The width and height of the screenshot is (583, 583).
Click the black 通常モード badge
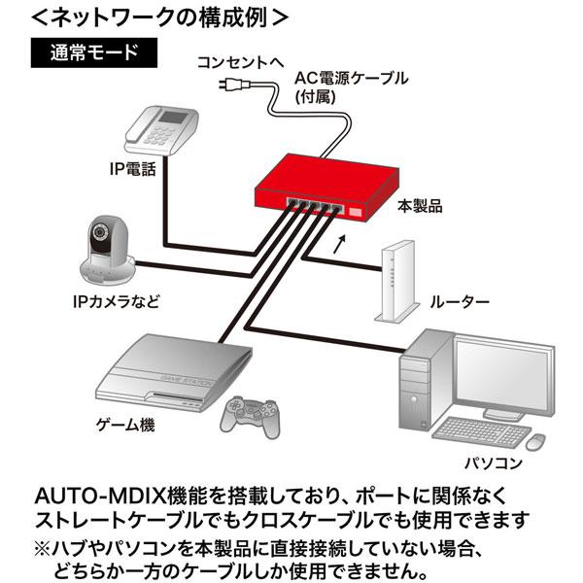point(93,52)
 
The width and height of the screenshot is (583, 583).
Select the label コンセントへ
point(240,62)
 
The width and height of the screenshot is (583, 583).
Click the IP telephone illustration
point(161,130)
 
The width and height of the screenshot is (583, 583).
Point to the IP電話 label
point(133,169)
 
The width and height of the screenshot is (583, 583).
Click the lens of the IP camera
point(99,231)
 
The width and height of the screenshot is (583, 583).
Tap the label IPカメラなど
point(116,301)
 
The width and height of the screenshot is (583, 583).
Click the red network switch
point(326,189)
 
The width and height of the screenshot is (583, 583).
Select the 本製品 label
point(420,206)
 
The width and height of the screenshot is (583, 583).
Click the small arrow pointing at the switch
point(340,244)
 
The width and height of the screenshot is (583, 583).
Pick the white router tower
point(396,281)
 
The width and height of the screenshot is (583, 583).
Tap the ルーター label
point(460,302)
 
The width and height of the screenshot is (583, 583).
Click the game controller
point(250,417)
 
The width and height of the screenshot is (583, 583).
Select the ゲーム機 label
point(125,425)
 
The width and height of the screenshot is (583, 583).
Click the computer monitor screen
point(501,374)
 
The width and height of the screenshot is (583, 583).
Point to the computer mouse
point(535,442)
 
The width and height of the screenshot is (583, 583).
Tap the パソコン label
point(494,463)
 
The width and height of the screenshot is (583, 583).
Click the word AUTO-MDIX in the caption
point(101,496)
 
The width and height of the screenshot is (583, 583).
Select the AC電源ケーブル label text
point(352,79)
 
